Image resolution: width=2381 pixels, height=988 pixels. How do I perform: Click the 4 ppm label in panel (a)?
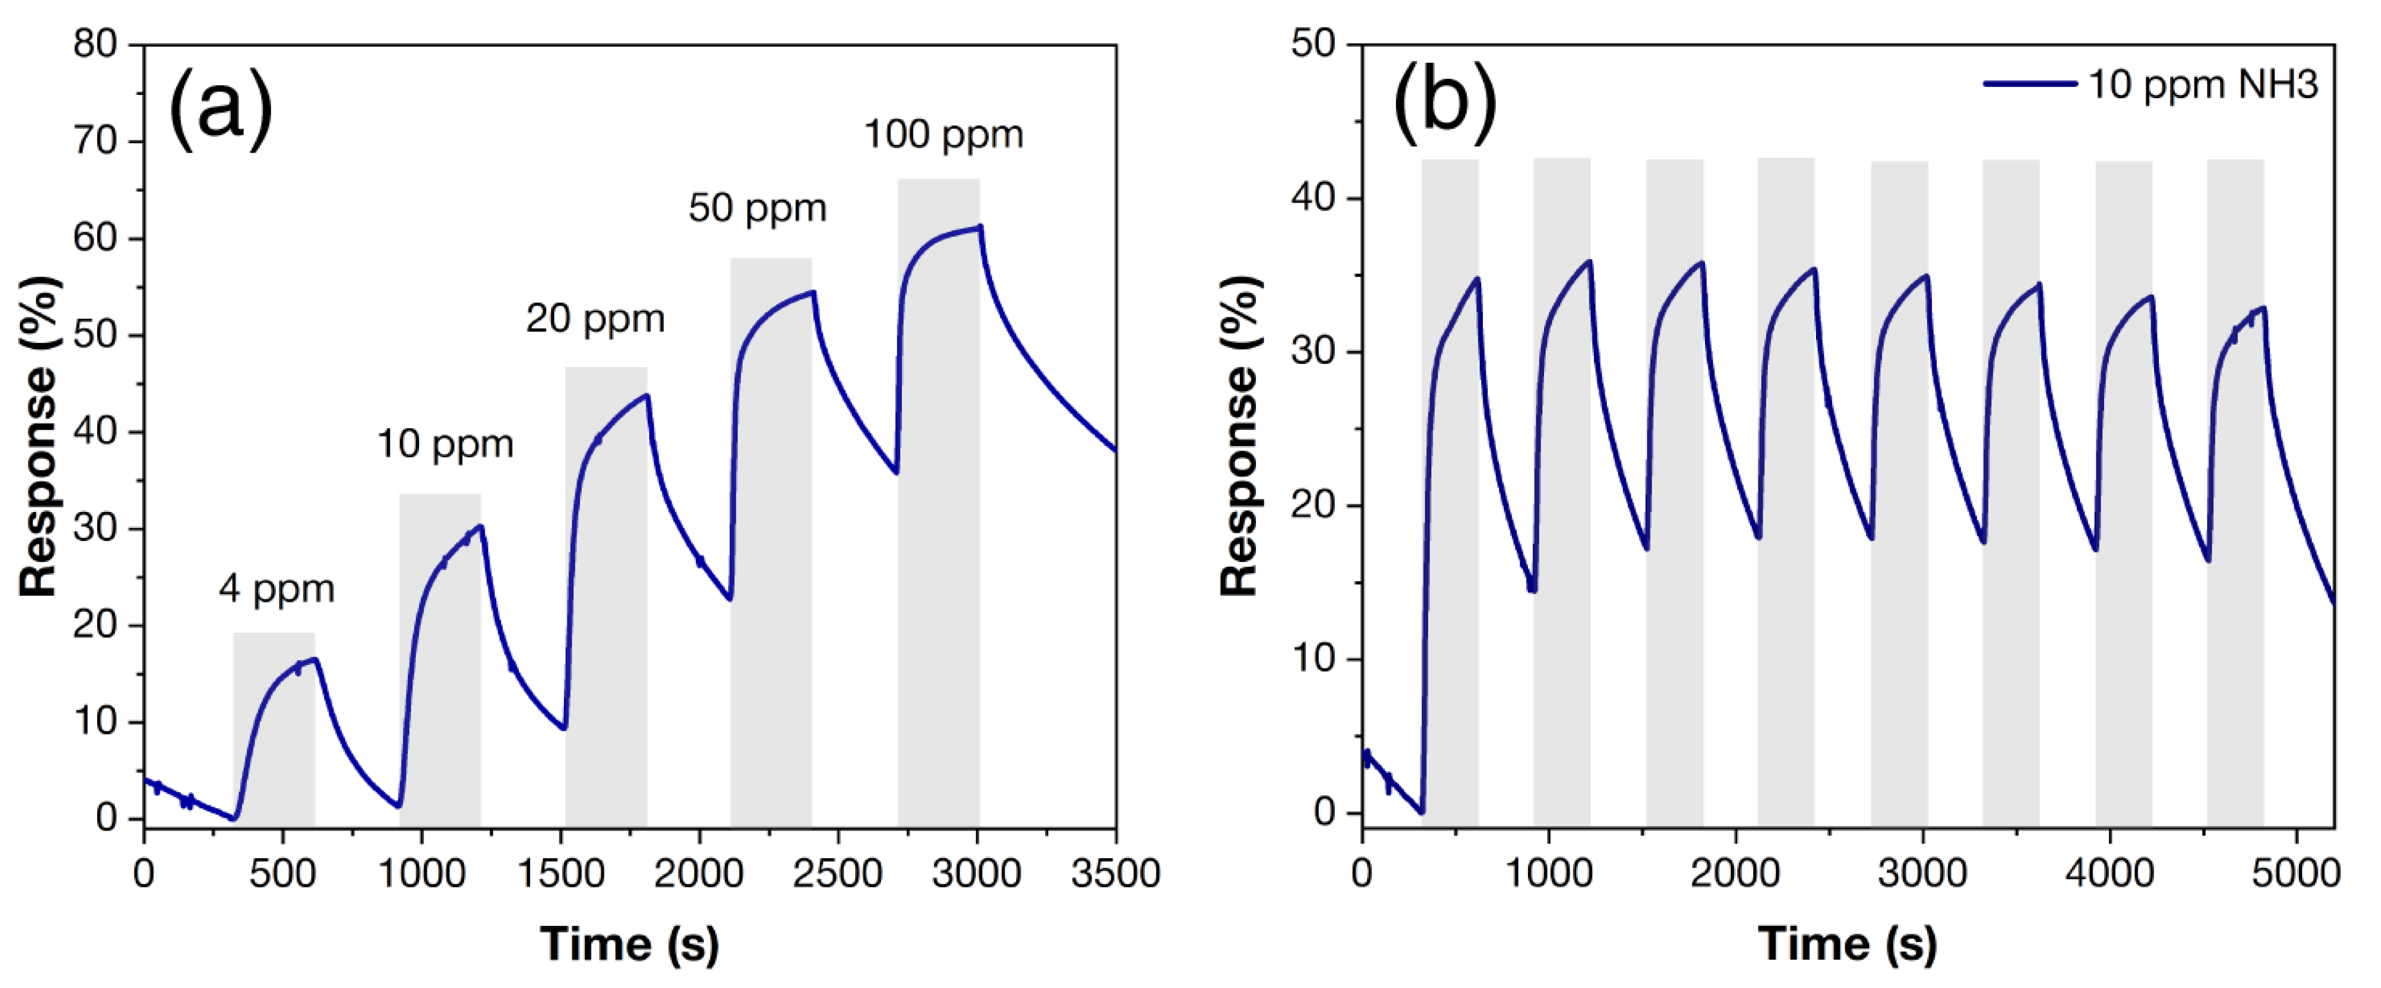click(276, 589)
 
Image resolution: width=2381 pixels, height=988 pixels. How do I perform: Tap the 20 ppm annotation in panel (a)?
click(595, 319)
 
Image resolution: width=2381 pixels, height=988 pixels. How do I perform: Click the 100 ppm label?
click(943, 135)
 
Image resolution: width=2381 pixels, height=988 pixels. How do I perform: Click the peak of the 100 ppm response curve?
click(980, 226)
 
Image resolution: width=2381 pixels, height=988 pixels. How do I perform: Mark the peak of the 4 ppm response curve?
click(315, 659)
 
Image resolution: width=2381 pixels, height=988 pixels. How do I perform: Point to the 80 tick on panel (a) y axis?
click(95, 44)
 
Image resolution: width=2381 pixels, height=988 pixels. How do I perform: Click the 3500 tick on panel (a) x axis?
click(1114, 873)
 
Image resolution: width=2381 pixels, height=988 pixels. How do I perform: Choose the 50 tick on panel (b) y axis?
click(1313, 44)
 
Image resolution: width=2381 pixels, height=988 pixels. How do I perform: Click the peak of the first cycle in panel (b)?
click(1477, 278)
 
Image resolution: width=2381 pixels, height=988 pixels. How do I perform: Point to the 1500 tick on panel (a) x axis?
click(560, 873)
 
